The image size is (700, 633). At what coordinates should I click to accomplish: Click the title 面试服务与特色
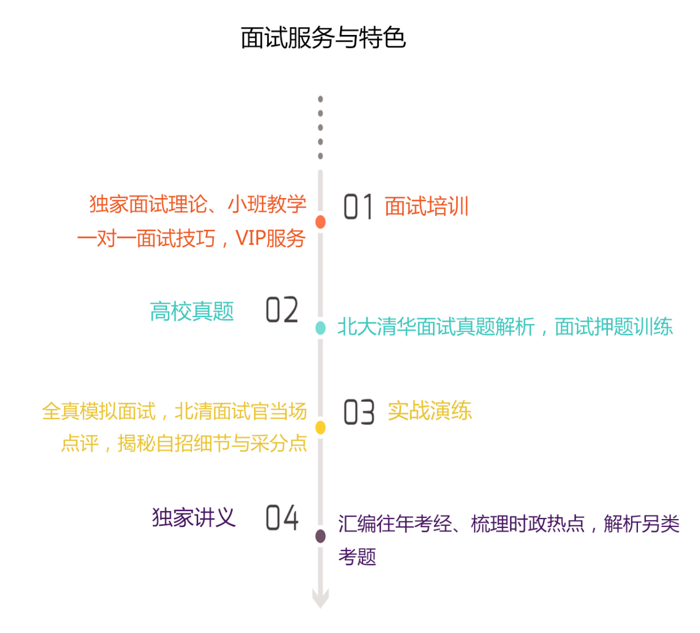pos(323,38)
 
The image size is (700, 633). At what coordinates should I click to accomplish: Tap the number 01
pos(358,206)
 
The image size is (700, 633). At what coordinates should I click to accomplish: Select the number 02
pos(282,310)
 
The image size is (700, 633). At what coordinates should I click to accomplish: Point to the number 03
pos(358,412)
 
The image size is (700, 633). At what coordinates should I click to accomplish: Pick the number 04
pos(282,517)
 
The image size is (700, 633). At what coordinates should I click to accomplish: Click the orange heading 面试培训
pos(427,206)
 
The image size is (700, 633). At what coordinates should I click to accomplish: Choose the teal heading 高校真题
pos(192,311)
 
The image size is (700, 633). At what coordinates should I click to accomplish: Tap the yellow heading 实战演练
pos(430,411)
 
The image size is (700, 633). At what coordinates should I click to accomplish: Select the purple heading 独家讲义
pos(193,517)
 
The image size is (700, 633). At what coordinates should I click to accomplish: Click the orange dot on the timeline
pos(321,222)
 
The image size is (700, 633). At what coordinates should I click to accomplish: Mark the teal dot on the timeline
pos(321,328)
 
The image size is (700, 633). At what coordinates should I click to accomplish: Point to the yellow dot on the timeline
pos(321,428)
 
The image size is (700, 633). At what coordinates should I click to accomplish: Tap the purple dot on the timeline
pos(321,536)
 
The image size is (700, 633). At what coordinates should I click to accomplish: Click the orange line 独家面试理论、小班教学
pos(198,204)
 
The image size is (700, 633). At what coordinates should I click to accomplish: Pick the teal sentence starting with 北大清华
pos(505,327)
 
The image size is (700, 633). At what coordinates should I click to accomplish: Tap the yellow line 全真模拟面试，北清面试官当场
pos(174,411)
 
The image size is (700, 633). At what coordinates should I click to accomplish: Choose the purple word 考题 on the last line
pos(357,557)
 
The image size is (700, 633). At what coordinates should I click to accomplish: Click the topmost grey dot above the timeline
pos(321,99)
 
